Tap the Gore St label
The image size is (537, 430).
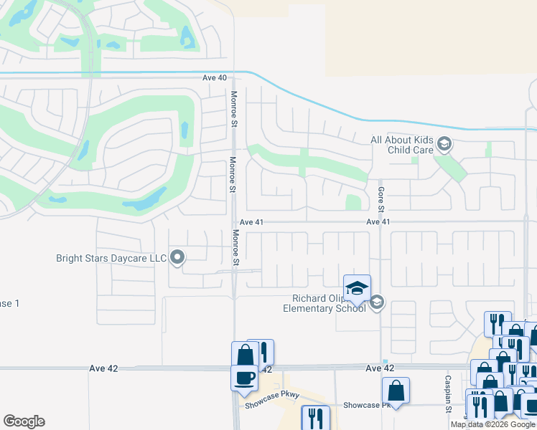(x=381, y=197)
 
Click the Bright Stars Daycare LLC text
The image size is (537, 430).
(x=111, y=257)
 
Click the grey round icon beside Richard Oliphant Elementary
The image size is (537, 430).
(x=377, y=304)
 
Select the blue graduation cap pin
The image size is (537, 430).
(x=357, y=288)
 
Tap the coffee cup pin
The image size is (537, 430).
(x=244, y=378)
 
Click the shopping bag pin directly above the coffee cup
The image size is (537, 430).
(x=244, y=354)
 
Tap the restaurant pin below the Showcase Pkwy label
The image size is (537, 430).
(x=316, y=418)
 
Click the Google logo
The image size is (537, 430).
(x=24, y=421)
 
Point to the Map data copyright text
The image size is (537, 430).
(x=493, y=424)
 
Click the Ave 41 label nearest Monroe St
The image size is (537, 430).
(x=252, y=223)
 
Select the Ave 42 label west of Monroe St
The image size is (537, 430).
(x=103, y=368)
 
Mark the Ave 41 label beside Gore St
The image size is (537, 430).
(x=378, y=223)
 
